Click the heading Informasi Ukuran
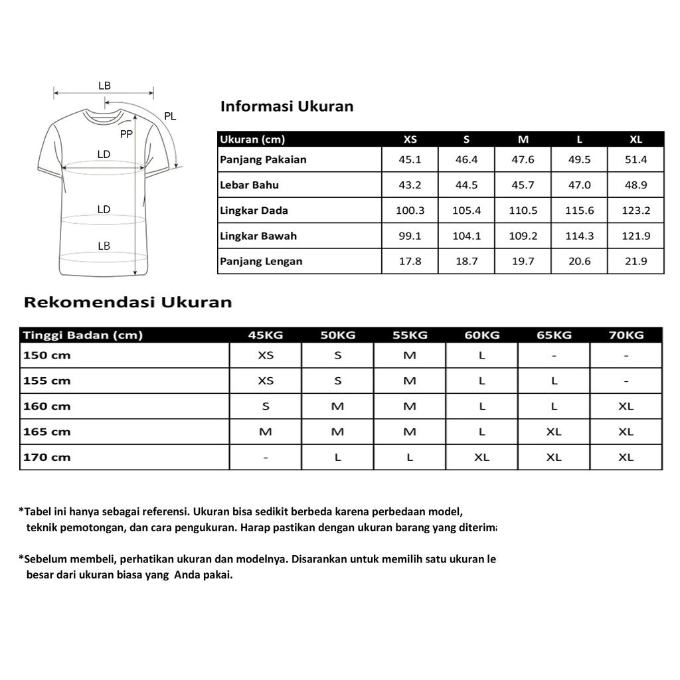pyautogui.click(x=287, y=106)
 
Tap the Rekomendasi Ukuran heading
pyautogui.click(x=128, y=302)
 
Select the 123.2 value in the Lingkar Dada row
pyautogui.click(x=636, y=211)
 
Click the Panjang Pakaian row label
pyautogui.click(x=263, y=159)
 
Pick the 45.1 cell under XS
pyautogui.click(x=410, y=159)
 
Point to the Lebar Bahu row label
pyautogui.click(x=249, y=185)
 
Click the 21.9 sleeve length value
pyautogui.click(x=636, y=261)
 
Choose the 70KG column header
pyautogui.click(x=626, y=335)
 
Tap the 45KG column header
pyautogui.click(x=266, y=335)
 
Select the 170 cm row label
pyautogui.click(x=46, y=457)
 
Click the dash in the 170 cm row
pyautogui.click(x=266, y=458)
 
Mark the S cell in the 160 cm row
pyautogui.click(x=266, y=406)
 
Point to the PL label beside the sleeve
pyautogui.click(x=170, y=116)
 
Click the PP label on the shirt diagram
pyautogui.click(x=126, y=134)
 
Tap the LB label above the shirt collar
pyautogui.click(x=104, y=86)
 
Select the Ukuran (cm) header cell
pyautogui.click(x=252, y=139)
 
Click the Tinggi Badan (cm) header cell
pyautogui.click(x=83, y=335)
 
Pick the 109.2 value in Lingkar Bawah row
pyautogui.click(x=523, y=236)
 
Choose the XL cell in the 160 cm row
pyautogui.click(x=626, y=406)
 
